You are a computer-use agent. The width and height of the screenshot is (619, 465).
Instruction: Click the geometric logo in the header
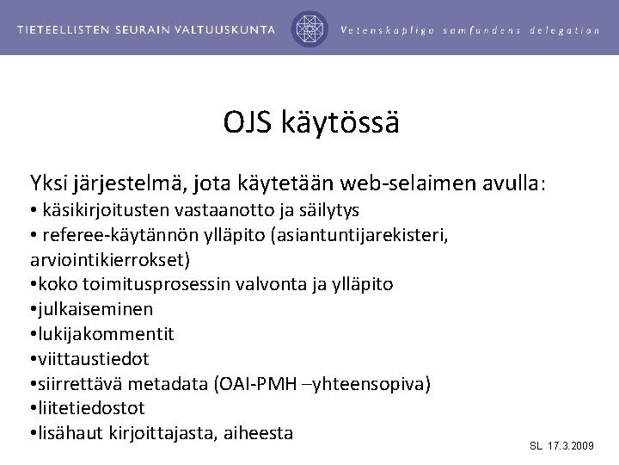(309, 28)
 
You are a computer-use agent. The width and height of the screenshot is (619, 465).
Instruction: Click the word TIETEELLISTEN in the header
(66, 28)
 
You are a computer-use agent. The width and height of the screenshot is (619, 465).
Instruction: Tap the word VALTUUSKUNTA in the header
(232, 28)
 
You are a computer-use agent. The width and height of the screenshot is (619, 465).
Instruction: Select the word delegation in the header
(565, 29)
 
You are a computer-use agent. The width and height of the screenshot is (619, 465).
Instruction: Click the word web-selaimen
(400, 183)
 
